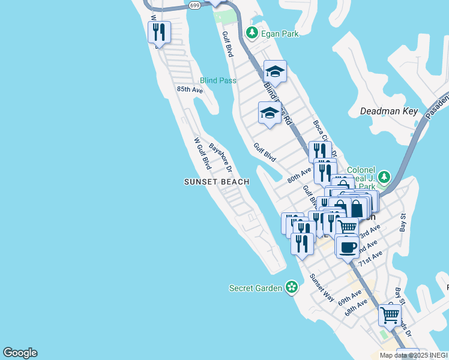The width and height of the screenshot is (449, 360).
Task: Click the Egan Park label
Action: tap(280, 34)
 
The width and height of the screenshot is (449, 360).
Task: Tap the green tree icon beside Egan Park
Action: tap(252, 33)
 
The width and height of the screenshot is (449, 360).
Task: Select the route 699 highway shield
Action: tap(194, 5)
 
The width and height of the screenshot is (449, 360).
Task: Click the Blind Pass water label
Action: tap(218, 80)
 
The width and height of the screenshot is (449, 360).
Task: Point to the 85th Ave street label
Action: tap(190, 89)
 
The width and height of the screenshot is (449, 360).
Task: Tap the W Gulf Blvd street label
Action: tap(202, 154)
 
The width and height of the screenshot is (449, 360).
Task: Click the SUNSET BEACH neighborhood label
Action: tap(216, 181)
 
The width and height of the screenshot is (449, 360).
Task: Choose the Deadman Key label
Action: tap(388, 111)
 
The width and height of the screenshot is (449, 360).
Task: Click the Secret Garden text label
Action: tap(256, 288)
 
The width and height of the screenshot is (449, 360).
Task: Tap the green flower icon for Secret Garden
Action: tap(292, 288)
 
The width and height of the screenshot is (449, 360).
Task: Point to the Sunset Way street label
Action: tap(321, 287)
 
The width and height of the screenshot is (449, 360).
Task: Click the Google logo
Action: tap(20, 353)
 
